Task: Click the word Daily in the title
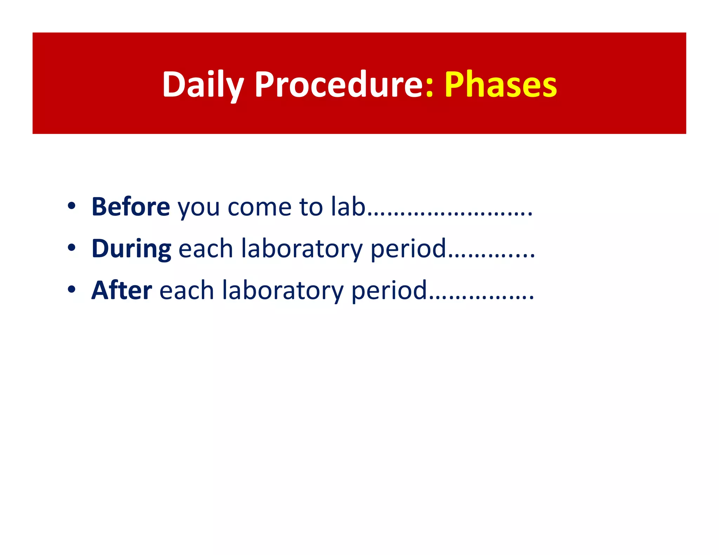[203, 84]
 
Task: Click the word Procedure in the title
[339, 84]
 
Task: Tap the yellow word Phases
[501, 84]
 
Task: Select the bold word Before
[131, 207]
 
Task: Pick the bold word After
[121, 290]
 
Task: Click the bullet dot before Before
[72, 207]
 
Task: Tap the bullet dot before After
[72, 290]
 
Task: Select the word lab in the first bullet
[348, 207]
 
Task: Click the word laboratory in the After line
[283, 291]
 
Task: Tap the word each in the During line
[206, 249]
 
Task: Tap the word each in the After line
[186, 290]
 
